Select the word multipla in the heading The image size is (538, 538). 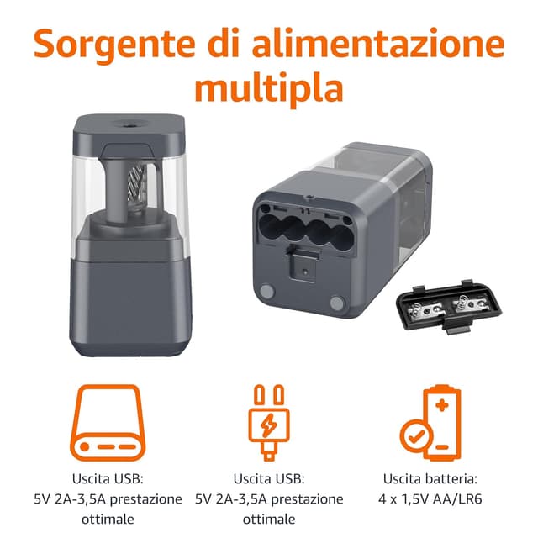click(x=269, y=87)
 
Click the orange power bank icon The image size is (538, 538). click(x=108, y=422)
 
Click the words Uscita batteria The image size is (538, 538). click(x=431, y=478)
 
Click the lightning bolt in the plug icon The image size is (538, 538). click(x=269, y=424)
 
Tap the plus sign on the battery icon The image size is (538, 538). click(x=442, y=406)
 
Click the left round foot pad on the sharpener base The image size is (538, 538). click(x=267, y=291)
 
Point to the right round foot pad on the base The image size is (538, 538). click(x=337, y=302)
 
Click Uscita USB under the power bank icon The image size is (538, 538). click(x=108, y=478)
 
